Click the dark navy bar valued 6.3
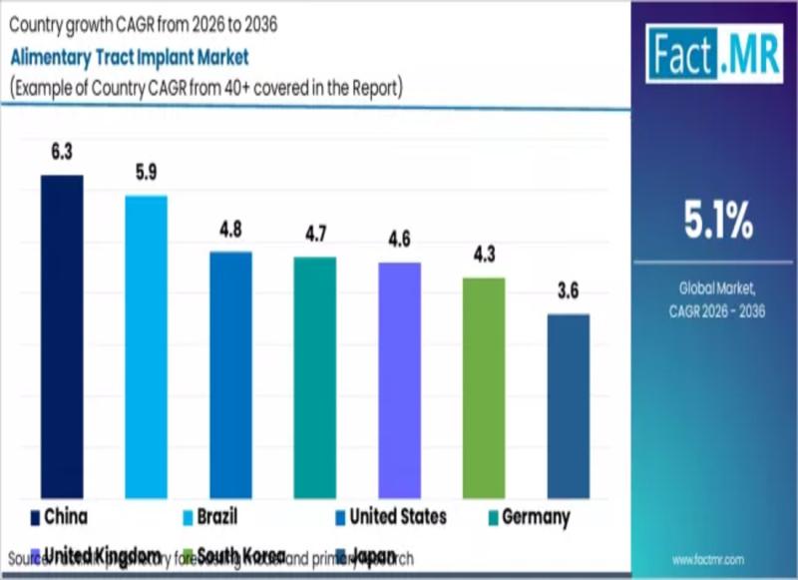coord(62,336)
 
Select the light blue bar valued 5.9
coord(146,346)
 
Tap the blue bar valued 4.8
coord(230,374)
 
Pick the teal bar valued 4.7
coord(314,377)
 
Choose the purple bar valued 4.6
coord(399,380)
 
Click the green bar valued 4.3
coord(484,387)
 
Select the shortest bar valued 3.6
coord(568,406)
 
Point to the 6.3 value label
coord(62,153)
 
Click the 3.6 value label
coord(568,291)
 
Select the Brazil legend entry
coord(208,517)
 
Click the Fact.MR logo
coord(713,52)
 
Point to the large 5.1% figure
coord(717,222)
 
